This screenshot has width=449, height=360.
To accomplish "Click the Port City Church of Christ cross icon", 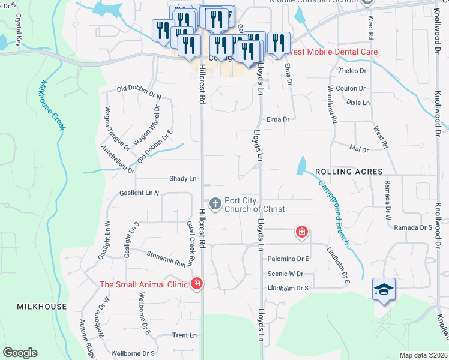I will (215, 205).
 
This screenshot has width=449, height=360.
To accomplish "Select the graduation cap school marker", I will (383, 289).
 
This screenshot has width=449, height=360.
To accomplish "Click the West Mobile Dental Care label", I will (333, 52).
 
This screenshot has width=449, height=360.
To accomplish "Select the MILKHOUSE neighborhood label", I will (42, 306).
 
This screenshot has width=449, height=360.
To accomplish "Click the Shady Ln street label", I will (183, 179).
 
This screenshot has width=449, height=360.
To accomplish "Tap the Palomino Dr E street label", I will (288, 259).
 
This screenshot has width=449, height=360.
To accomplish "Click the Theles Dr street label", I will (352, 71).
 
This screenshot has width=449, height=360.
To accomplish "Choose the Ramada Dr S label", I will (413, 227).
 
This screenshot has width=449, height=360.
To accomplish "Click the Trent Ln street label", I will (181, 335).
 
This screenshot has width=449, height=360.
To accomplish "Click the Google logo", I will (20, 353).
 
